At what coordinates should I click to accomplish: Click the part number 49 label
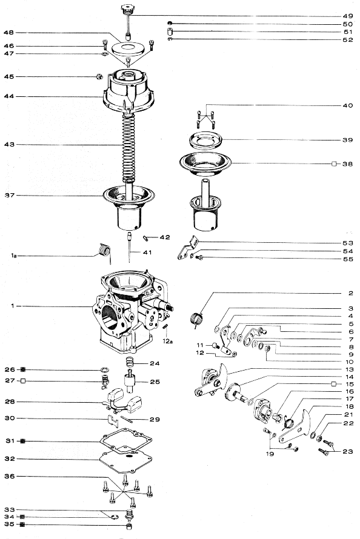[347, 15]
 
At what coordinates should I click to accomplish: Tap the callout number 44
[8, 96]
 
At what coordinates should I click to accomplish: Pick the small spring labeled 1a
[104, 249]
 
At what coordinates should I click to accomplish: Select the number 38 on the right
[347, 164]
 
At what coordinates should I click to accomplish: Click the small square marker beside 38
[334, 164]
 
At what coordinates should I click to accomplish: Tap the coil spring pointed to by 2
[196, 319]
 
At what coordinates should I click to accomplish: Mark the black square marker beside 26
[22, 369]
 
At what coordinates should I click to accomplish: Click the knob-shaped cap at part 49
[127, 9]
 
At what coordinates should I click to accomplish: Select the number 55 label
[347, 259]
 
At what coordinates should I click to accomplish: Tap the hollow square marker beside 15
[334, 384]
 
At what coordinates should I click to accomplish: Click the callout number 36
[8, 477]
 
